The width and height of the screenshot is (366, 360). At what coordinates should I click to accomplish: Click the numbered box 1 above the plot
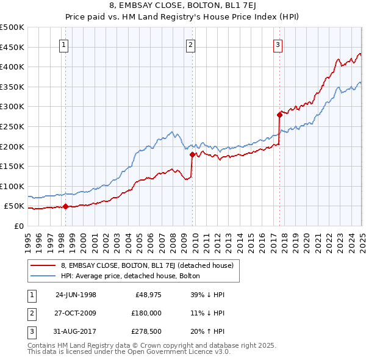pos(64,44)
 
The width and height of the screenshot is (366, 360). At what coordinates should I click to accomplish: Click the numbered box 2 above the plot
pos(191,44)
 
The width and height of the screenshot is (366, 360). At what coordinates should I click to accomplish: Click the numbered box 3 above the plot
pos(278,44)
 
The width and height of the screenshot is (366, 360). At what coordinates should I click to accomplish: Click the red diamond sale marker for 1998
pos(65,206)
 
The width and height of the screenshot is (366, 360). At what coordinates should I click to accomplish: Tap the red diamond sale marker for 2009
pos(192,154)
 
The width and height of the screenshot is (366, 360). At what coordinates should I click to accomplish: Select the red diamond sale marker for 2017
pos(280,114)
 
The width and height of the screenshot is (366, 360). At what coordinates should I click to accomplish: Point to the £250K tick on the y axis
pos(13,126)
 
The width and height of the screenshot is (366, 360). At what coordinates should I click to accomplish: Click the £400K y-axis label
pos(13,67)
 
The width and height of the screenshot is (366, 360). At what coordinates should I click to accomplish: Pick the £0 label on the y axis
pos(18,226)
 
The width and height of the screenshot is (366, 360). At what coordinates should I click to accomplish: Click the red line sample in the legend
pos(43,265)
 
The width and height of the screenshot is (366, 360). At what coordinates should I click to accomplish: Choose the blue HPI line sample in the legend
pos(43,276)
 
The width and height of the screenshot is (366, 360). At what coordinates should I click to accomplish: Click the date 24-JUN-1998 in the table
pos(76,295)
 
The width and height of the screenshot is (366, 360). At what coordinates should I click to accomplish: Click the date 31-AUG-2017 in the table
pos(76,331)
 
